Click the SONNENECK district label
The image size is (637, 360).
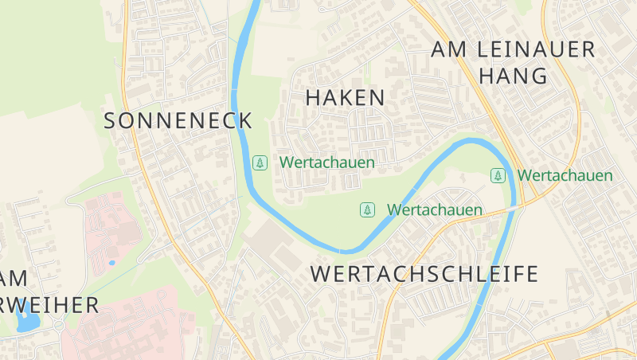click(x=178, y=121)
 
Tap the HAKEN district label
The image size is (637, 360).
click(x=345, y=98)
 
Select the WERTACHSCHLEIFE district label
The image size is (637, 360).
click(x=424, y=274)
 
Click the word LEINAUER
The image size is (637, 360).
click(x=536, y=49)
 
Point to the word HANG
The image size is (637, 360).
click(x=514, y=76)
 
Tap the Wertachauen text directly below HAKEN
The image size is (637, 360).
click(x=326, y=162)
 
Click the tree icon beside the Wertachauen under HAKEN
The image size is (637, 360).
click(x=260, y=162)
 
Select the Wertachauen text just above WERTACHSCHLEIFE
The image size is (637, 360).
click(x=435, y=209)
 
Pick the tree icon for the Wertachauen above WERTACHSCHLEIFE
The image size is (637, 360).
click(x=367, y=209)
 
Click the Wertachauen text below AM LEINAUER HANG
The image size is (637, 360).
click(x=565, y=175)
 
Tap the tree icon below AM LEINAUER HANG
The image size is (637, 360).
click(x=498, y=175)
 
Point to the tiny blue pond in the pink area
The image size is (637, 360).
click(x=111, y=262)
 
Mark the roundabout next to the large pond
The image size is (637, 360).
click(x=59, y=325)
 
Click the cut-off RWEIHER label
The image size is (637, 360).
click(x=49, y=304)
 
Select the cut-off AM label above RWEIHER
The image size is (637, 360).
click(x=14, y=278)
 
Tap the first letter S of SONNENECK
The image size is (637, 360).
click(x=111, y=121)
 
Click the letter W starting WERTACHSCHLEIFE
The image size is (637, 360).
click(x=319, y=274)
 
